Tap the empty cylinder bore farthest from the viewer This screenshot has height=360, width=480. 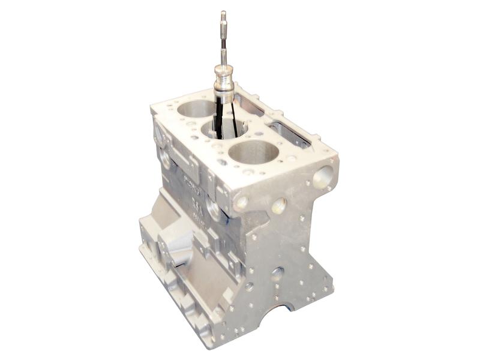(196, 109)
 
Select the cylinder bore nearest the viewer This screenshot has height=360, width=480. (254, 152)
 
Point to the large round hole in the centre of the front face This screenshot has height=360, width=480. (277, 274)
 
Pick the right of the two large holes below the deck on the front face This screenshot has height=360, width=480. (278, 206)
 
